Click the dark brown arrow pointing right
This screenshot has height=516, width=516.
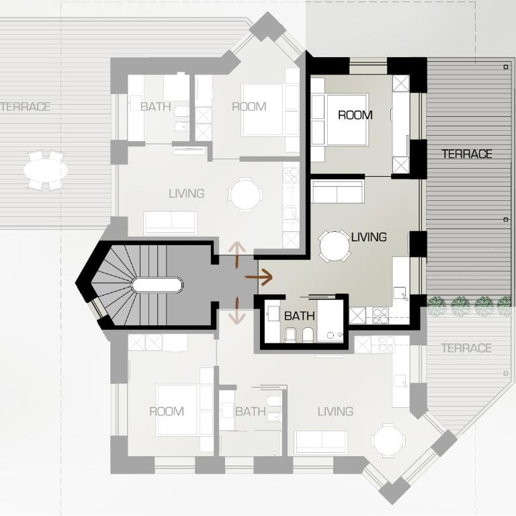coord(259,277)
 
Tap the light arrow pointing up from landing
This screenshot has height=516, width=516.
coord(237,255)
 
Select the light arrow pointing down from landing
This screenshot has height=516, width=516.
coord(237,310)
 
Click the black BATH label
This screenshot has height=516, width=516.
coord(300,316)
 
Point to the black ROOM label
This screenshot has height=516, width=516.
coord(355,115)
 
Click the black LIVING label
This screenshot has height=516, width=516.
coord(369,237)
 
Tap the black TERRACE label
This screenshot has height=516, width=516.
coord(467,154)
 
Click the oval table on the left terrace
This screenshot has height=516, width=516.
coord(46,170)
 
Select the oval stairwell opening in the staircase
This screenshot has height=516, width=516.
coord(157,286)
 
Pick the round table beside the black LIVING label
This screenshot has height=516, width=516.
coord(335,246)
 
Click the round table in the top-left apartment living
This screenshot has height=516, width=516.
coord(245,194)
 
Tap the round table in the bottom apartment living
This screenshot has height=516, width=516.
coord(388,440)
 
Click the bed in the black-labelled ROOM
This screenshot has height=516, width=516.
coord(347,120)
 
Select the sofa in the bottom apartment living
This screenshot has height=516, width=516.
coord(321,442)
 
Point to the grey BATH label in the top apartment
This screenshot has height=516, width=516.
coord(156,107)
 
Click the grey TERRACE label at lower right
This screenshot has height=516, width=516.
coord(466,348)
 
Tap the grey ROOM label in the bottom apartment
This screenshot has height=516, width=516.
coord(167,411)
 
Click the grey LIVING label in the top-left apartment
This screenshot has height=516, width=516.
coord(187,193)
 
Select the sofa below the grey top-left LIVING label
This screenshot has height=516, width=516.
coord(171,223)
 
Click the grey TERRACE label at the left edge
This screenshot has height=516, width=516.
coord(26,107)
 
